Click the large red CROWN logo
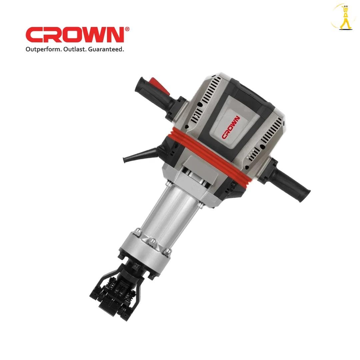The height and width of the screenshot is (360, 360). point(75,35)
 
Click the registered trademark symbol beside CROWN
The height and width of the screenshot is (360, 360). point(127,29)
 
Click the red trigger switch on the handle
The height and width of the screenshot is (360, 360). point(160,86)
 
